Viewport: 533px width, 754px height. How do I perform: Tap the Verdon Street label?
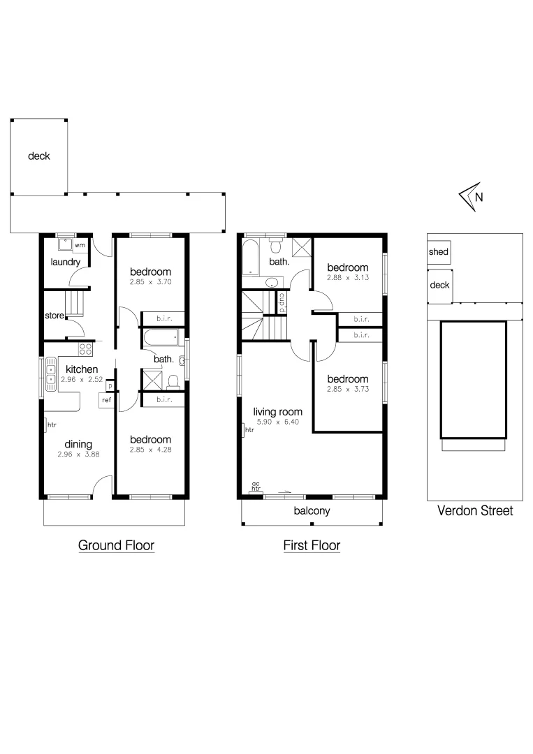pos(474,511)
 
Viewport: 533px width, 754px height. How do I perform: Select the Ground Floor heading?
pos(116,545)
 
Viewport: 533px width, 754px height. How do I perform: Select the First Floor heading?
pos(312,545)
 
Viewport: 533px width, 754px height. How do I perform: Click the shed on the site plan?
pos(439,252)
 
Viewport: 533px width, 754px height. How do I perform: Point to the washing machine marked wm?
pos(80,246)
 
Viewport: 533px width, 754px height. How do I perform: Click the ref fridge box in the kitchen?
pos(106,401)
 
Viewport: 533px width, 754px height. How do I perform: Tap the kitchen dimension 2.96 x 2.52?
pos(82,380)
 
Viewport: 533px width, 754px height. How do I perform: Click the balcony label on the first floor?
pos(312,511)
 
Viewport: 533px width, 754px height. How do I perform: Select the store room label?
pos(55,316)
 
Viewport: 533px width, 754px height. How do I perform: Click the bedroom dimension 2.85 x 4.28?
pos(150,450)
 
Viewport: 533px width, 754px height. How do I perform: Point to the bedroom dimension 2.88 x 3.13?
pos(347,278)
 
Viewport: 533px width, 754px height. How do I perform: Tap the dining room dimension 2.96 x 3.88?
pos(78,454)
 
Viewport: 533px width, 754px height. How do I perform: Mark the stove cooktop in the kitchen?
pos(86,349)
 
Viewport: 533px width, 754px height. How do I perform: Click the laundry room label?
pos(65,263)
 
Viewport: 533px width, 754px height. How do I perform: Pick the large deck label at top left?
pos(39,156)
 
